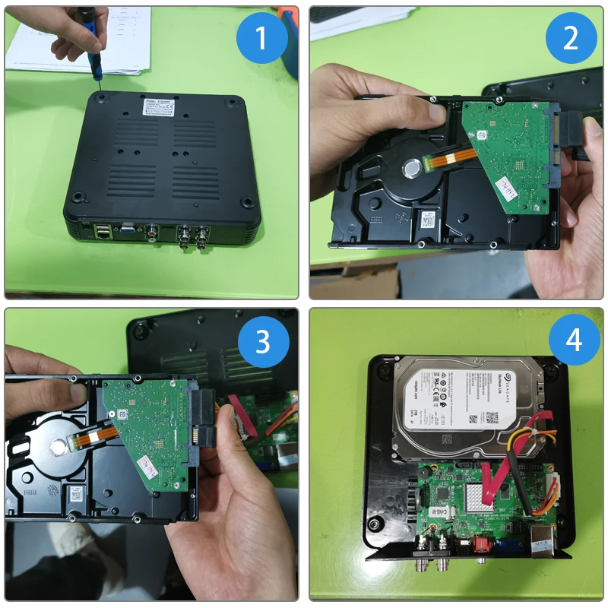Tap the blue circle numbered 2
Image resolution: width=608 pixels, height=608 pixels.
571,37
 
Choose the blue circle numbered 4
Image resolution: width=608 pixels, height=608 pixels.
571,341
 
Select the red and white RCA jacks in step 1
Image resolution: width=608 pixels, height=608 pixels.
154,230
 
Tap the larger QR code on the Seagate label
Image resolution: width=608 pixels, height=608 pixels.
492,416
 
